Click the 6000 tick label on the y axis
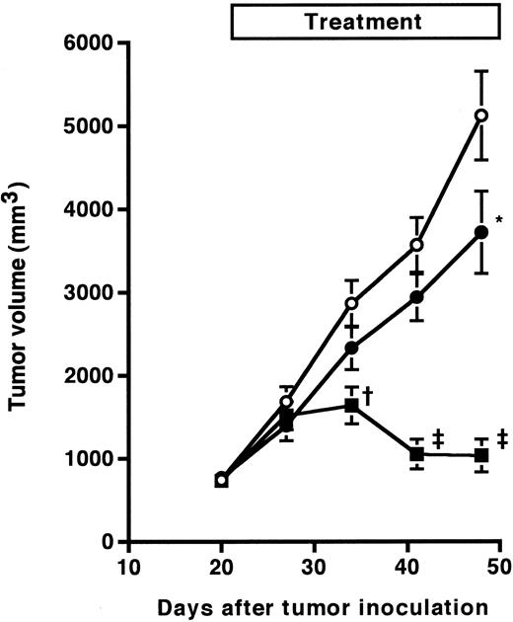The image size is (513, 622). point(86,43)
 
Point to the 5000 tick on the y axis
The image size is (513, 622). point(86,126)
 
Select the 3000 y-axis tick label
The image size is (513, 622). point(86,293)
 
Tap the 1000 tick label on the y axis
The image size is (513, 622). point(86,459)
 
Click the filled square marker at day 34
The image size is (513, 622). point(351,405)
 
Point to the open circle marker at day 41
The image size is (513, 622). point(416,245)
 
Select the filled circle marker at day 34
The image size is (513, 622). point(351,348)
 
